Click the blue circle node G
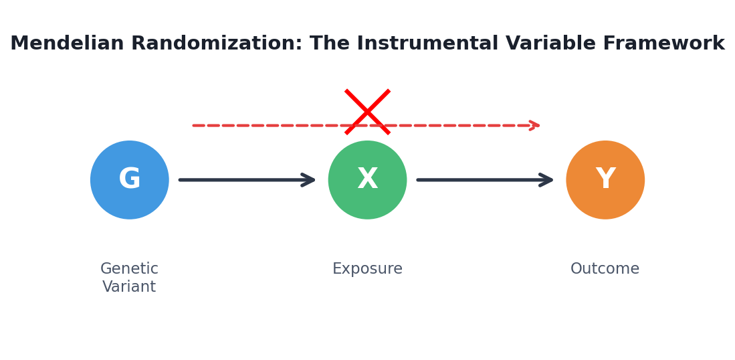pos(129,179)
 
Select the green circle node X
pos(368,179)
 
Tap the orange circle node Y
pos(605,179)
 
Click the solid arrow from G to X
pos(247,179)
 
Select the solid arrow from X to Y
pos(485,179)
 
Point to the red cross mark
pos(368,112)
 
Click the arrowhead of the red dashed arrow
pos(535,125)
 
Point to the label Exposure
pos(368,269)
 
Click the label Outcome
pos(605,268)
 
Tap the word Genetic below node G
pos(129,268)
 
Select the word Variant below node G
pos(129,286)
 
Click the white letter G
pos(129,179)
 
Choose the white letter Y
pos(605,179)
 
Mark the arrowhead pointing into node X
pos(309,179)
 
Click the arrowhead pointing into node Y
pos(547,179)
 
